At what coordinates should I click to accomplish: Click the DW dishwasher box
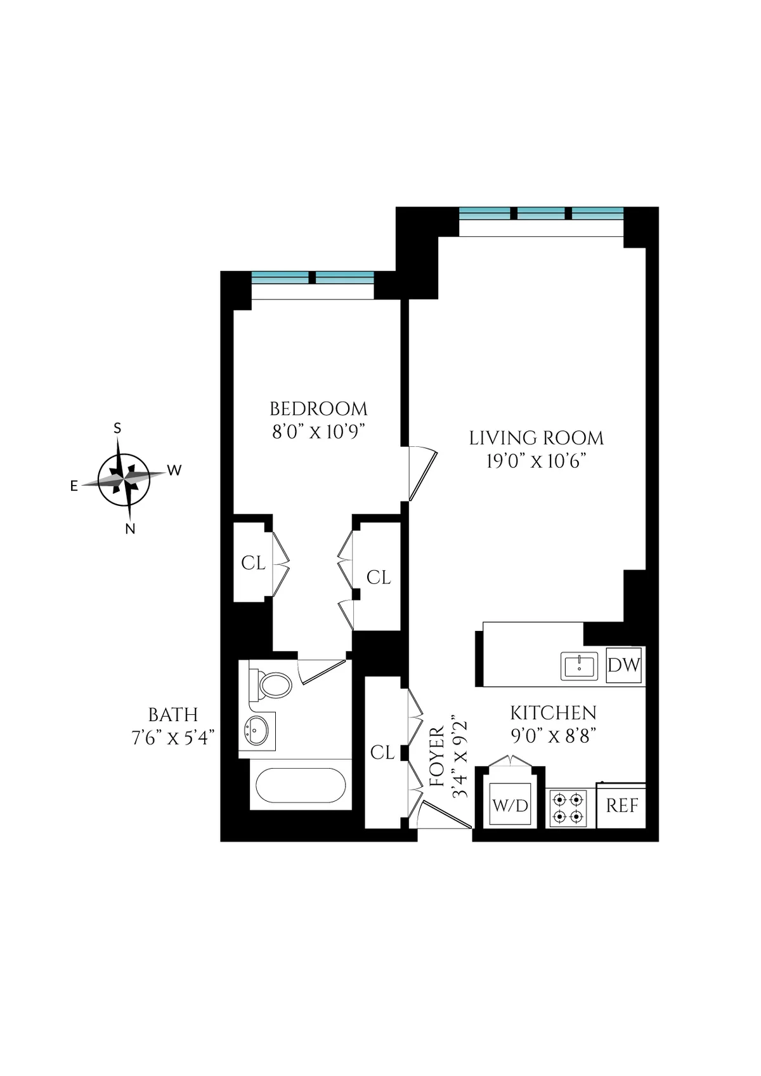pos(623,665)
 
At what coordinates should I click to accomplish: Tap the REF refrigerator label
pos(621,806)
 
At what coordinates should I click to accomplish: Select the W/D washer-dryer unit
pos(510,806)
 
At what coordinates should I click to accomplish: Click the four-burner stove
pos(568,807)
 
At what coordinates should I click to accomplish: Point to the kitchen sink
pos(579,666)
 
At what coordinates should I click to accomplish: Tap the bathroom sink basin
pos(257,731)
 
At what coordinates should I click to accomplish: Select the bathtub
pos(301,785)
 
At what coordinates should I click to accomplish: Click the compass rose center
pos(124,479)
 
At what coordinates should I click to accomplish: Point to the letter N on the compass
pos(130,529)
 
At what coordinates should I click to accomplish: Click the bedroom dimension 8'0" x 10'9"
pos(318,432)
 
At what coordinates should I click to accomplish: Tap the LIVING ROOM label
pos(536,438)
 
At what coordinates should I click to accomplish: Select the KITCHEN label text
pos(553,713)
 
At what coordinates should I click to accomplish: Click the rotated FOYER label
pos(438,757)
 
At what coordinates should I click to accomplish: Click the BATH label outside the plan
pos(172,715)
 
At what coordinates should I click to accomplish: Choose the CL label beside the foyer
pos(382,752)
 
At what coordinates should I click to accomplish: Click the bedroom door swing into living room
pos(421,473)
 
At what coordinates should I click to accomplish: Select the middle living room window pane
pos(540,213)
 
